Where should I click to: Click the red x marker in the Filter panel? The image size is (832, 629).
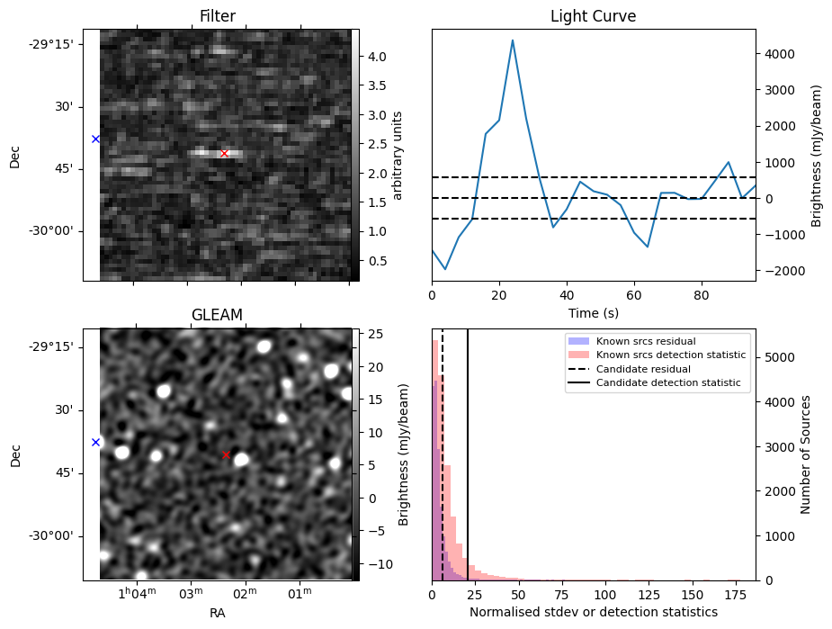225,153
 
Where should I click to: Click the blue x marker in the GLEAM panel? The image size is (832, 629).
95,442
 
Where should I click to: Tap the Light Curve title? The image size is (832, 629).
593,16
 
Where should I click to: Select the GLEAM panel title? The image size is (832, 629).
217,314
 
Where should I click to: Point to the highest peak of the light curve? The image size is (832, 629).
513,40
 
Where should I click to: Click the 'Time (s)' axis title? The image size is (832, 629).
593,313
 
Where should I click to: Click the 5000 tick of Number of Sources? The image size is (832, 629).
778,357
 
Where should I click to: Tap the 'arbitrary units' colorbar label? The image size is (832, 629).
398,156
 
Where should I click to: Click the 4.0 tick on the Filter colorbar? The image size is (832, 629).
377,56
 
